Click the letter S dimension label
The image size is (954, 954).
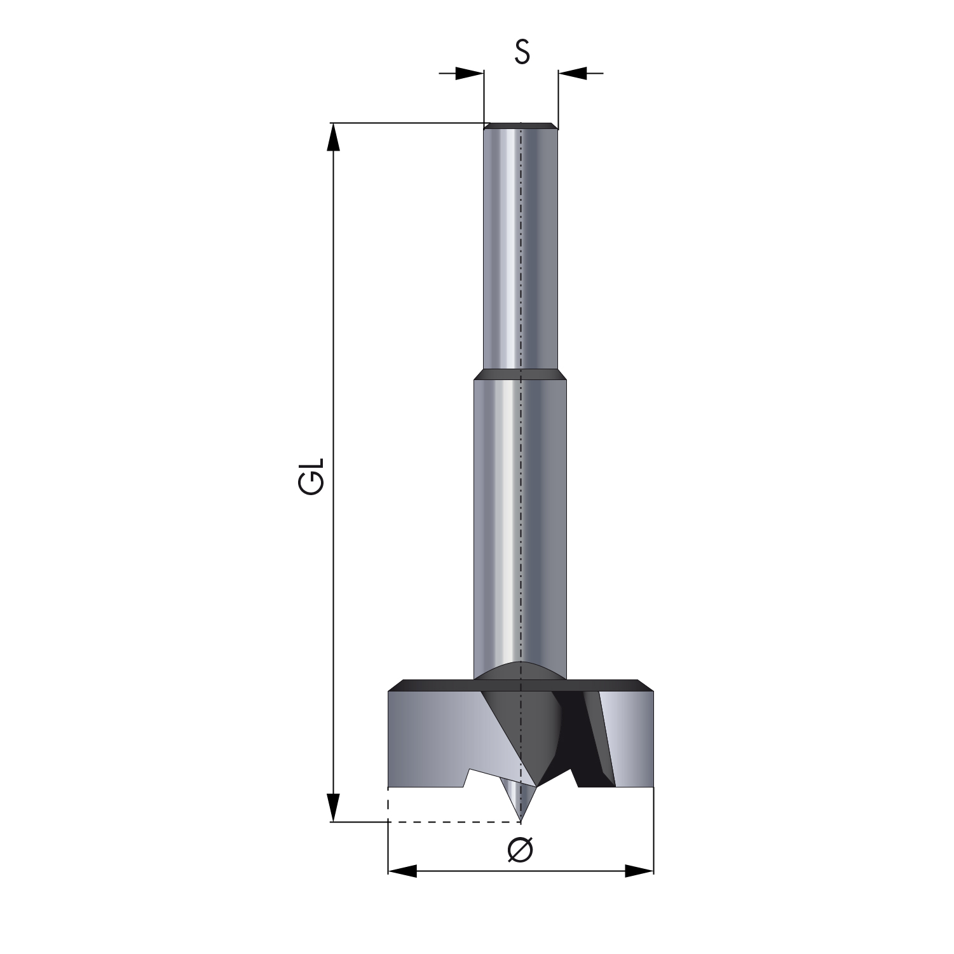click(522, 52)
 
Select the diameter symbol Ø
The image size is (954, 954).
click(521, 850)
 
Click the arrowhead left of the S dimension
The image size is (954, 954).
click(470, 73)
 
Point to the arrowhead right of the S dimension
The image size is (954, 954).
click(573, 73)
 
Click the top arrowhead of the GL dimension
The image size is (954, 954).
click(332, 137)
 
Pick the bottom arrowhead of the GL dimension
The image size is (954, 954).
click(332, 807)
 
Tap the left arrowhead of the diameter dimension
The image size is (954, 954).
click(402, 871)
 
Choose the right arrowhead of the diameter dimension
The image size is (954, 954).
click(639, 871)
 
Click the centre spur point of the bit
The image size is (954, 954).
click(521, 820)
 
